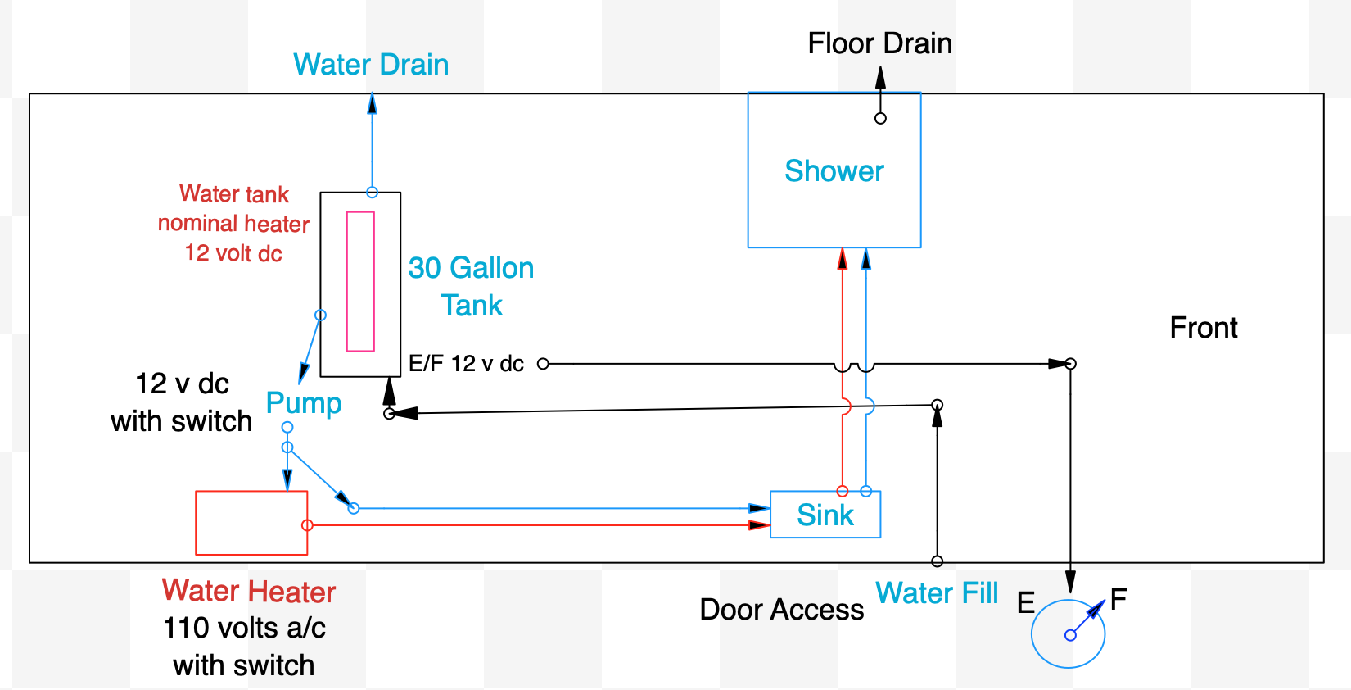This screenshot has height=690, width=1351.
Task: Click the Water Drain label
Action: (x=371, y=65)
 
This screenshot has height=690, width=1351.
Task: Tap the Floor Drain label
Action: (x=879, y=43)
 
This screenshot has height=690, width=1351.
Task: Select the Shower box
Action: (x=834, y=170)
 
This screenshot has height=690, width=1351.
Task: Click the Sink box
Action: (x=825, y=515)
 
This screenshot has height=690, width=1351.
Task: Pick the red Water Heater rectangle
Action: (x=251, y=523)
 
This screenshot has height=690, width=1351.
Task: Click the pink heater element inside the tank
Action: (x=360, y=282)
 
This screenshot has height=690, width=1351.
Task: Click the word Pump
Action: (x=304, y=403)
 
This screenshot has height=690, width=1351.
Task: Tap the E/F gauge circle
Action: (x=1068, y=634)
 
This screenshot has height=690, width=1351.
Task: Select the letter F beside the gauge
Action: (x=1118, y=599)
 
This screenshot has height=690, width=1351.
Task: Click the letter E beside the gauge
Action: (x=1026, y=603)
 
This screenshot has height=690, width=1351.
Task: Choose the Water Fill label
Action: (x=937, y=592)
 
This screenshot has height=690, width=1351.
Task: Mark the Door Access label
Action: (x=781, y=610)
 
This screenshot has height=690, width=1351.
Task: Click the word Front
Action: (x=1203, y=328)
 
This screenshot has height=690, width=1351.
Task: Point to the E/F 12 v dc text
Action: (x=466, y=364)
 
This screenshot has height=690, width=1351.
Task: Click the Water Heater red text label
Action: (x=249, y=591)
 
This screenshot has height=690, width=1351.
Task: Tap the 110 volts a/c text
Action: (x=244, y=628)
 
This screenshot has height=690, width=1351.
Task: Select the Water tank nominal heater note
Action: (x=233, y=223)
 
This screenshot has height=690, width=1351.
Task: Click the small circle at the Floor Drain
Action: (x=880, y=118)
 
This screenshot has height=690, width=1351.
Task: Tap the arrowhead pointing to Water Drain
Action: (x=373, y=102)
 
